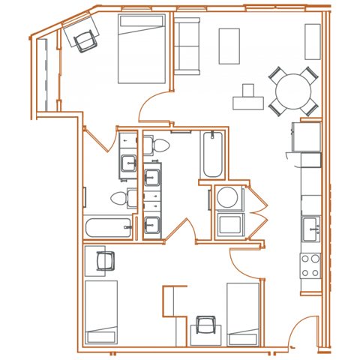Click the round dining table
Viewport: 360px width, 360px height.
tap(293, 91)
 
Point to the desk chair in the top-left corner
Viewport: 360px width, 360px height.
tap(84, 37)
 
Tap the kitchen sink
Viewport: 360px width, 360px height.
tap(310, 226)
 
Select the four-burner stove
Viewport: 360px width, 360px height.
tap(310, 265)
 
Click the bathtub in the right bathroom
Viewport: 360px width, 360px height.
tap(211, 153)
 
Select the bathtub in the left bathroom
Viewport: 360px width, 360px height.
tap(108, 228)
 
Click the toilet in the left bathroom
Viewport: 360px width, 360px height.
tap(121, 199)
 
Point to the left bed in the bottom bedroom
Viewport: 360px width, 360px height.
tap(101, 312)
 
